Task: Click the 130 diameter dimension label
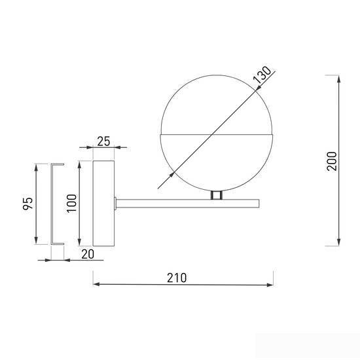(262, 75)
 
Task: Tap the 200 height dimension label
(332, 161)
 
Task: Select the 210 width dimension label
(177, 278)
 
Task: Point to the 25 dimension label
(103, 141)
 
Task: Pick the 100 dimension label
(71, 204)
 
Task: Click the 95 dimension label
(28, 204)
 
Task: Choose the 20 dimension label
(88, 254)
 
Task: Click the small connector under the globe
(216, 195)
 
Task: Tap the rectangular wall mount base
(103, 204)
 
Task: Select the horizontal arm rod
(188, 204)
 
